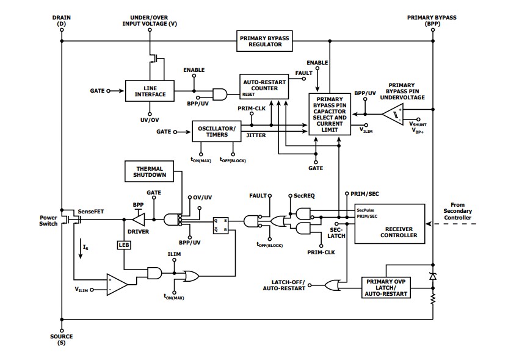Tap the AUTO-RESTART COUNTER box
(264, 88)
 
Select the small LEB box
(123, 245)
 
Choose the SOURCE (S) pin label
(61, 340)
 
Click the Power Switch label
(48, 220)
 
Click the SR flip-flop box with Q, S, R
(220, 224)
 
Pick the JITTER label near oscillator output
(256, 135)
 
